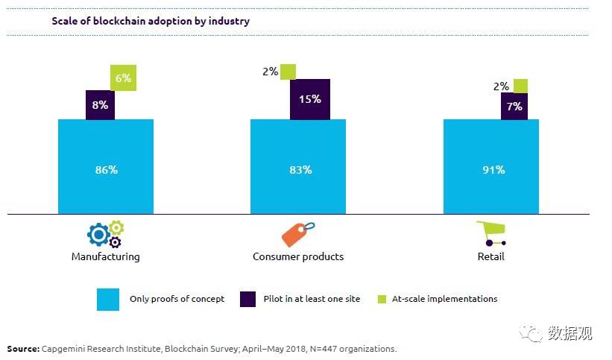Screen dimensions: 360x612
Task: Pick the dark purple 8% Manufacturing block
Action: pos(101,105)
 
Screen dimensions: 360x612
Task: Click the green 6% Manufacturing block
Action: pos(124,78)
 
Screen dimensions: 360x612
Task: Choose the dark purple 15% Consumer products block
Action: pos(309,99)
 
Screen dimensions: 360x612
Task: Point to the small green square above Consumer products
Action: pos(288,72)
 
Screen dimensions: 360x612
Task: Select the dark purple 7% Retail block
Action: pos(514,106)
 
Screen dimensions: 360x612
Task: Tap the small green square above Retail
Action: pos(521,86)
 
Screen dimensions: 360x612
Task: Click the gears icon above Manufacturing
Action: pos(105,234)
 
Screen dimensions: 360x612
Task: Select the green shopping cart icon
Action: pos(493,233)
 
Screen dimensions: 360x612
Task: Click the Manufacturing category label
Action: pos(105,256)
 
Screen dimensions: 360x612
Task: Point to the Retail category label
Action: pos(491,256)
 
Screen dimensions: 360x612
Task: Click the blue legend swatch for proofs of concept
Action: pos(108,300)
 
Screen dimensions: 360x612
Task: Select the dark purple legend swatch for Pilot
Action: pos(248,299)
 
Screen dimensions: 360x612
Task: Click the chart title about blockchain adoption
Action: pos(151,21)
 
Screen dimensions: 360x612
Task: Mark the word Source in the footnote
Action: pos(24,349)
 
